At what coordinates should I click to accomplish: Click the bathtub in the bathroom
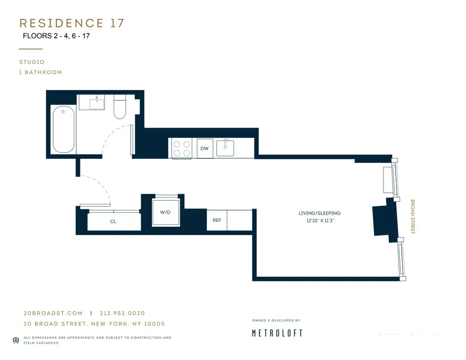63,129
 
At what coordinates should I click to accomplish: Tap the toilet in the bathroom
120,107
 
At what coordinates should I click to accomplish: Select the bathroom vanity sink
97,102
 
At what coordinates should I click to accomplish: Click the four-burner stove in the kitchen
182,148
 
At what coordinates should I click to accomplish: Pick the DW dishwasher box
205,149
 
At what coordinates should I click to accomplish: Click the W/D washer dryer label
165,212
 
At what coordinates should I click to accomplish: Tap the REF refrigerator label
217,220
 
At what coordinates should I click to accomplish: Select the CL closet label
113,222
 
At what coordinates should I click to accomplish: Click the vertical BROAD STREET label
412,217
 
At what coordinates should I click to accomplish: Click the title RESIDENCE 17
72,23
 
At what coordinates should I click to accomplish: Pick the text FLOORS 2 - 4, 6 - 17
56,36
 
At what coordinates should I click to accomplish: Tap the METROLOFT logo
277,333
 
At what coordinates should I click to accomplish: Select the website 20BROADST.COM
53,313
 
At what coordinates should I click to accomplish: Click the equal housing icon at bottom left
16,340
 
